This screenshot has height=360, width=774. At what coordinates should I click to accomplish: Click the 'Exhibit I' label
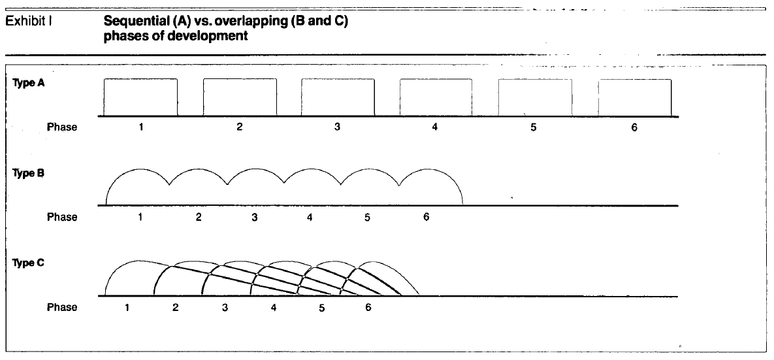pyautogui.click(x=29, y=23)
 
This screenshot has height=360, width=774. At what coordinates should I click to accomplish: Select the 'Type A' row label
pyautogui.click(x=29, y=83)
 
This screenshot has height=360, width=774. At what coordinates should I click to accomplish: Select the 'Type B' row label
pyautogui.click(x=29, y=173)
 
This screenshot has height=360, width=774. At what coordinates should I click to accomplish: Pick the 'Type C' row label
pyautogui.click(x=29, y=263)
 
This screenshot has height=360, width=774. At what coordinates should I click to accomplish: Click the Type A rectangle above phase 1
pyautogui.click(x=140, y=78)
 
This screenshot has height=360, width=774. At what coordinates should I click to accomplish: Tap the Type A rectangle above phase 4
pyautogui.click(x=436, y=78)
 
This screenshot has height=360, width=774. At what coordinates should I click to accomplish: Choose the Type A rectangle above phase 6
pyautogui.click(x=636, y=79)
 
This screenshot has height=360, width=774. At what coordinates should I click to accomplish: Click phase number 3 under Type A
pyautogui.click(x=337, y=127)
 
